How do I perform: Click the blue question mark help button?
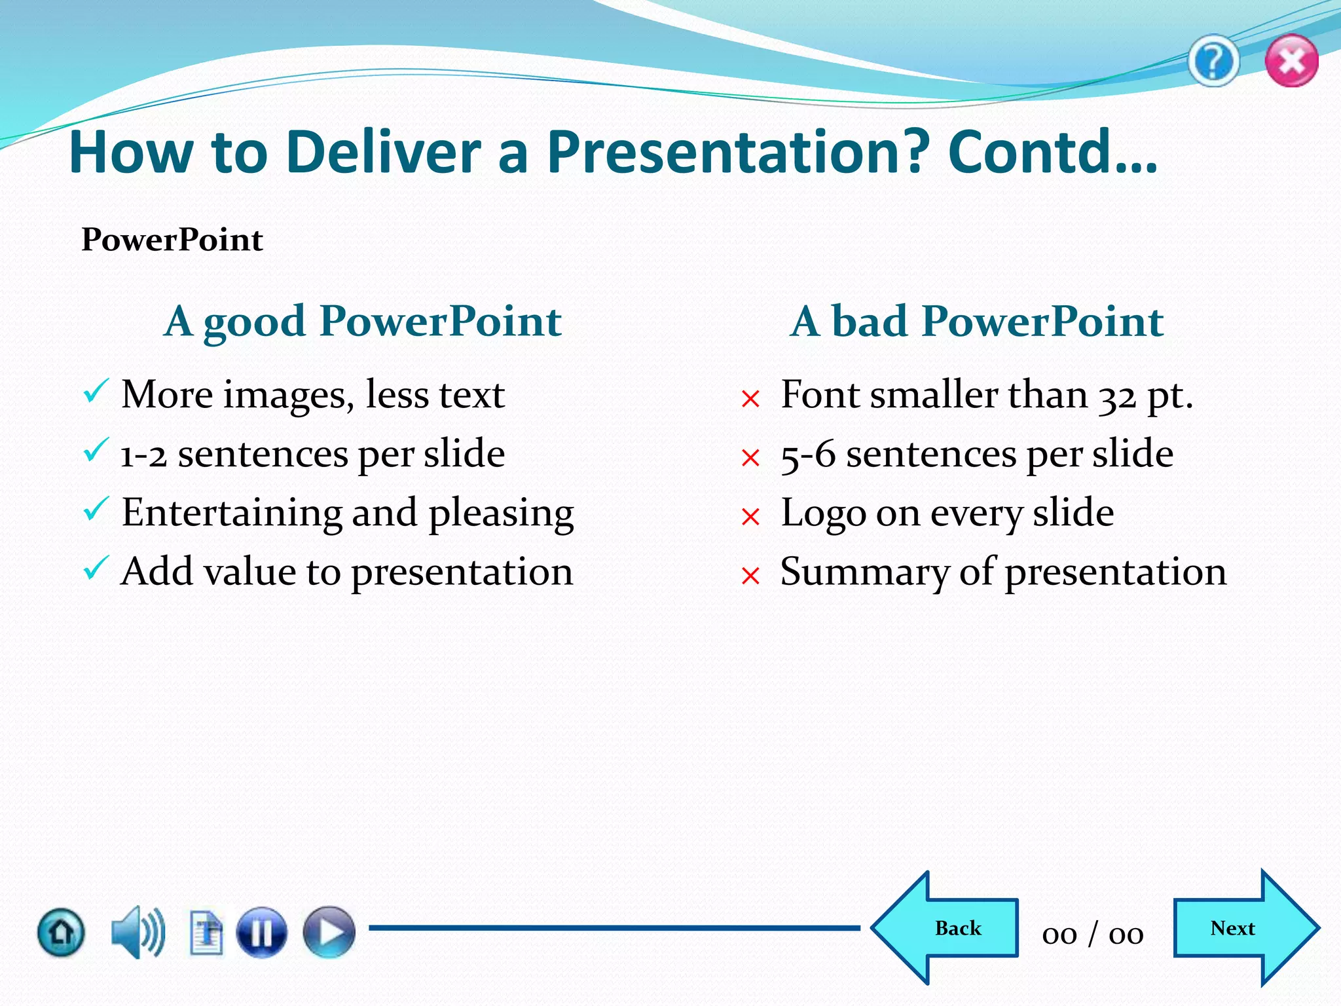pos(1213,62)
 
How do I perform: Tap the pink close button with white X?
pos(1291,62)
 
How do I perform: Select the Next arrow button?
pos(1241,928)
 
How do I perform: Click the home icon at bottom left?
pos(61,932)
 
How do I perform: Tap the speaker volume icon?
pos(138,932)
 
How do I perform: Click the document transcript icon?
pos(206,932)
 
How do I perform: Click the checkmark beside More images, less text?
pos(96,392)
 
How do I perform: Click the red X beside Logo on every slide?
pos(750,517)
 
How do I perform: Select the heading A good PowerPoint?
pos(362,321)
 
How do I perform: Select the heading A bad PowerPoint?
pos(976,321)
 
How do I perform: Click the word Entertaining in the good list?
pos(231,512)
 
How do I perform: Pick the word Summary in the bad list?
pos(864,572)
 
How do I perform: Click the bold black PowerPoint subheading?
pos(172,240)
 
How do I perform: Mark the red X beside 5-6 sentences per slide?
pos(750,457)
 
